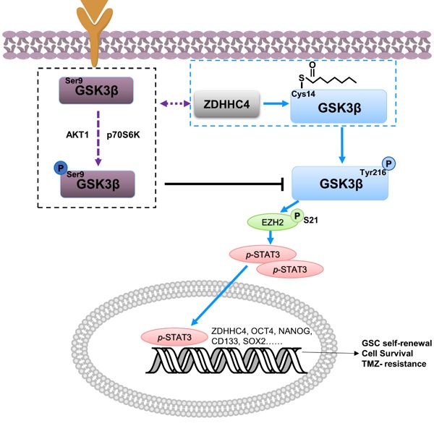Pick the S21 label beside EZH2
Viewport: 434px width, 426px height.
pos(312,218)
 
